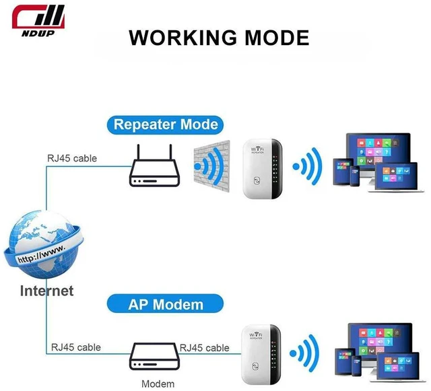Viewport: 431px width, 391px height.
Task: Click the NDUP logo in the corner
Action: tap(38, 21)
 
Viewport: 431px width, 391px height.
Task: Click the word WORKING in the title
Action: tap(183, 38)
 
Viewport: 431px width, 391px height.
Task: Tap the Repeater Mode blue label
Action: tap(165, 125)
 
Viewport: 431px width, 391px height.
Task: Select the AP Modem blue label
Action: tap(165, 304)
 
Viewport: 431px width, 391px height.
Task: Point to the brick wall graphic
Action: tap(211, 166)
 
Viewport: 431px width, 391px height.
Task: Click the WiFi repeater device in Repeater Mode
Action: tap(263, 168)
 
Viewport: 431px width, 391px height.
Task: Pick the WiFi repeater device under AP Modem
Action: tap(261, 355)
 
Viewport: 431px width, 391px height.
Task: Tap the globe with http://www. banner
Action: tap(43, 244)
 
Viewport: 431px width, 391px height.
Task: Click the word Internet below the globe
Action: tap(46, 291)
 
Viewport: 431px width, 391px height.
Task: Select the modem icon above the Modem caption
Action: tap(154, 356)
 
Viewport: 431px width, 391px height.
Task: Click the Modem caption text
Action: tap(158, 384)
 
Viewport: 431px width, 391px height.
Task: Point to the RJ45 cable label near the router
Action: tap(72, 159)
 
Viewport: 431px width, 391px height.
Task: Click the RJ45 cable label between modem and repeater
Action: tap(204, 348)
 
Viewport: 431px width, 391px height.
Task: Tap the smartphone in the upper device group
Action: tap(355, 176)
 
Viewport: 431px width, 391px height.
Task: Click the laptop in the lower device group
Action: tap(398, 367)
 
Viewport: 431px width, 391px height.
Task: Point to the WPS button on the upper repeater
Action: tap(257, 180)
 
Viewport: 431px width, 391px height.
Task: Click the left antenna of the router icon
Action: tap(138, 152)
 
